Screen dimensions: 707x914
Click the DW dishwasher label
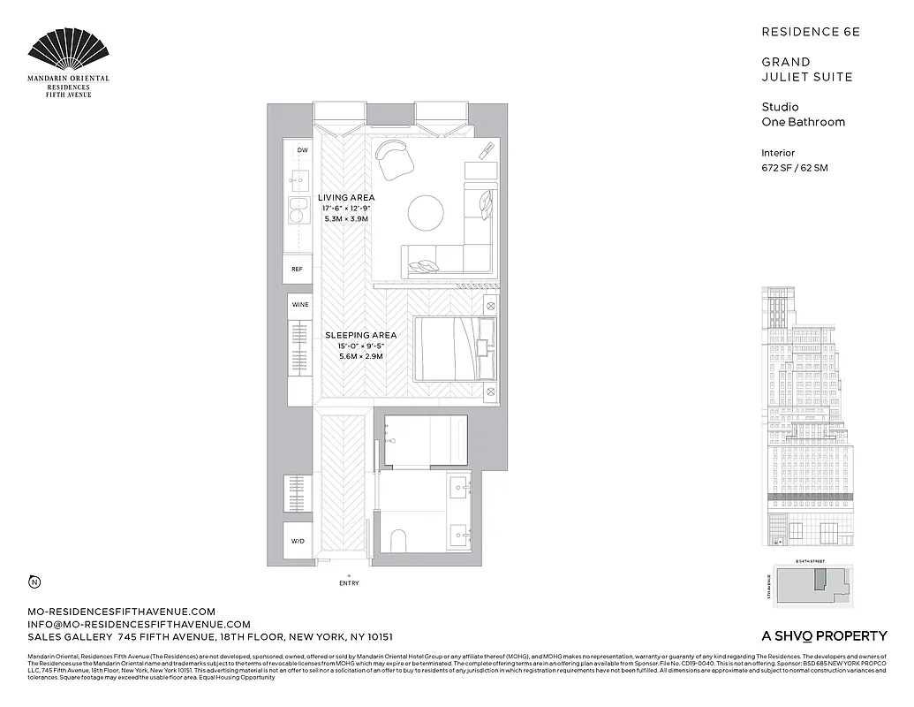[303, 150]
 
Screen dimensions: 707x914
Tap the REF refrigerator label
[297, 269]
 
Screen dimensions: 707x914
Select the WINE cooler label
[300, 304]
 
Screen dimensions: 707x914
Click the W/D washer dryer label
[297, 541]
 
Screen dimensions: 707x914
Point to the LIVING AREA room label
[346, 197]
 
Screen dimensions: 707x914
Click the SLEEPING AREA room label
[360, 335]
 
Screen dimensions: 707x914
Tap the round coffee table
[427, 212]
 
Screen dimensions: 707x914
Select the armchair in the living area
[394, 159]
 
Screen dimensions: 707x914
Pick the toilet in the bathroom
[397, 540]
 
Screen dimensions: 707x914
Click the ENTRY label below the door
[349, 583]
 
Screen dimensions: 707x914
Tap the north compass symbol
[34, 582]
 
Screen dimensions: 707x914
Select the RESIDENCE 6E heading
[810, 32]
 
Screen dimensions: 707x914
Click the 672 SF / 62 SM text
[794, 167]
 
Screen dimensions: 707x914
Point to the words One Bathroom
[803, 122]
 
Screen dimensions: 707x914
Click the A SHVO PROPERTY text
[824, 635]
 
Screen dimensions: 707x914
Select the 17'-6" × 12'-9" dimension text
[346, 208]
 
